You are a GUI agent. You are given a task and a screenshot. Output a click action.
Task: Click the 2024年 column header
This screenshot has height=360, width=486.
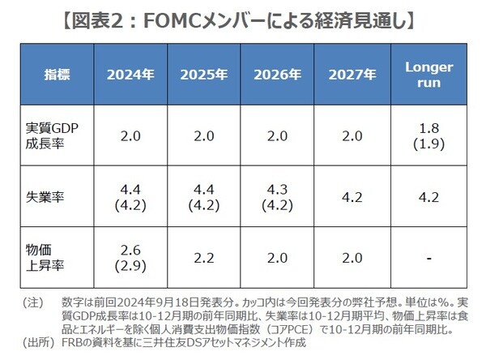click(132, 75)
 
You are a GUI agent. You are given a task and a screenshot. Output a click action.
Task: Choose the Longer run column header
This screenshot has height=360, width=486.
click(427, 75)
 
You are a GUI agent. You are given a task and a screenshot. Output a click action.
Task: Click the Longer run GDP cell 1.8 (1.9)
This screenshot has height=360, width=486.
click(427, 135)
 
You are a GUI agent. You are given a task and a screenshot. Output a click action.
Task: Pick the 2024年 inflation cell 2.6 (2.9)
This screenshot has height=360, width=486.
click(132, 258)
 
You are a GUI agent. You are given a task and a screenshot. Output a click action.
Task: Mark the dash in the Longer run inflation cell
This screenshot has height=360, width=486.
click(427, 258)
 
